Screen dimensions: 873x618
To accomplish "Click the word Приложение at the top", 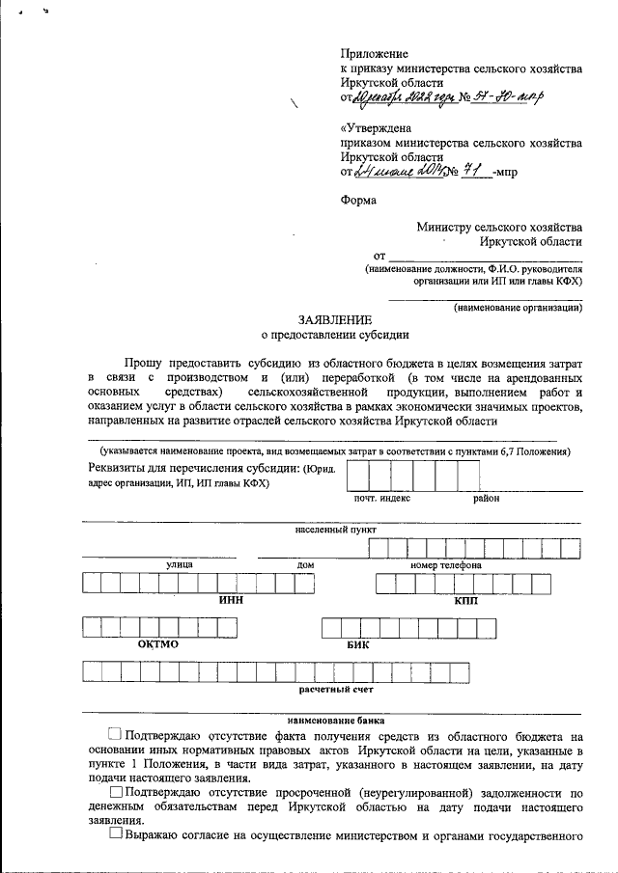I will tap(375, 54).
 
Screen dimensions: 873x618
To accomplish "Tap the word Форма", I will tap(359, 202).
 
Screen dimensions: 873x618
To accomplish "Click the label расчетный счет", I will tap(335, 690).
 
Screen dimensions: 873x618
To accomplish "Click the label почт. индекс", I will tap(382, 499).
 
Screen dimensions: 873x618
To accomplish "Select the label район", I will tap(486, 499).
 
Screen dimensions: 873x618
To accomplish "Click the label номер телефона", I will tap(445, 564).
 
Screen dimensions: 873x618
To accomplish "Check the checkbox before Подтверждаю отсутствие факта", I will tap(116, 735).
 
